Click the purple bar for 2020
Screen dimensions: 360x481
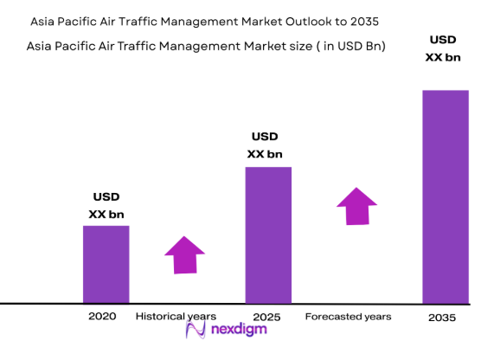point(106,264)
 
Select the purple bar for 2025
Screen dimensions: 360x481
point(268,235)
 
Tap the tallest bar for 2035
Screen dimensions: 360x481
point(446,196)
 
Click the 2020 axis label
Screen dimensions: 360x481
point(102,317)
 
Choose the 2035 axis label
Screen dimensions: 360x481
point(442,318)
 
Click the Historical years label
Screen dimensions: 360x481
point(176,317)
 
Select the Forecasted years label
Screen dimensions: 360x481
point(348,317)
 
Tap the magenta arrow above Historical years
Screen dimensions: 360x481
point(184,254)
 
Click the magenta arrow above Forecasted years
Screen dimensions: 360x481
point(356,205)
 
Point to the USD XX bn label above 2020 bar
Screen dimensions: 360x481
point(106,205)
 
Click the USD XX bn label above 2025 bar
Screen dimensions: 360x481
point(265,145)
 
